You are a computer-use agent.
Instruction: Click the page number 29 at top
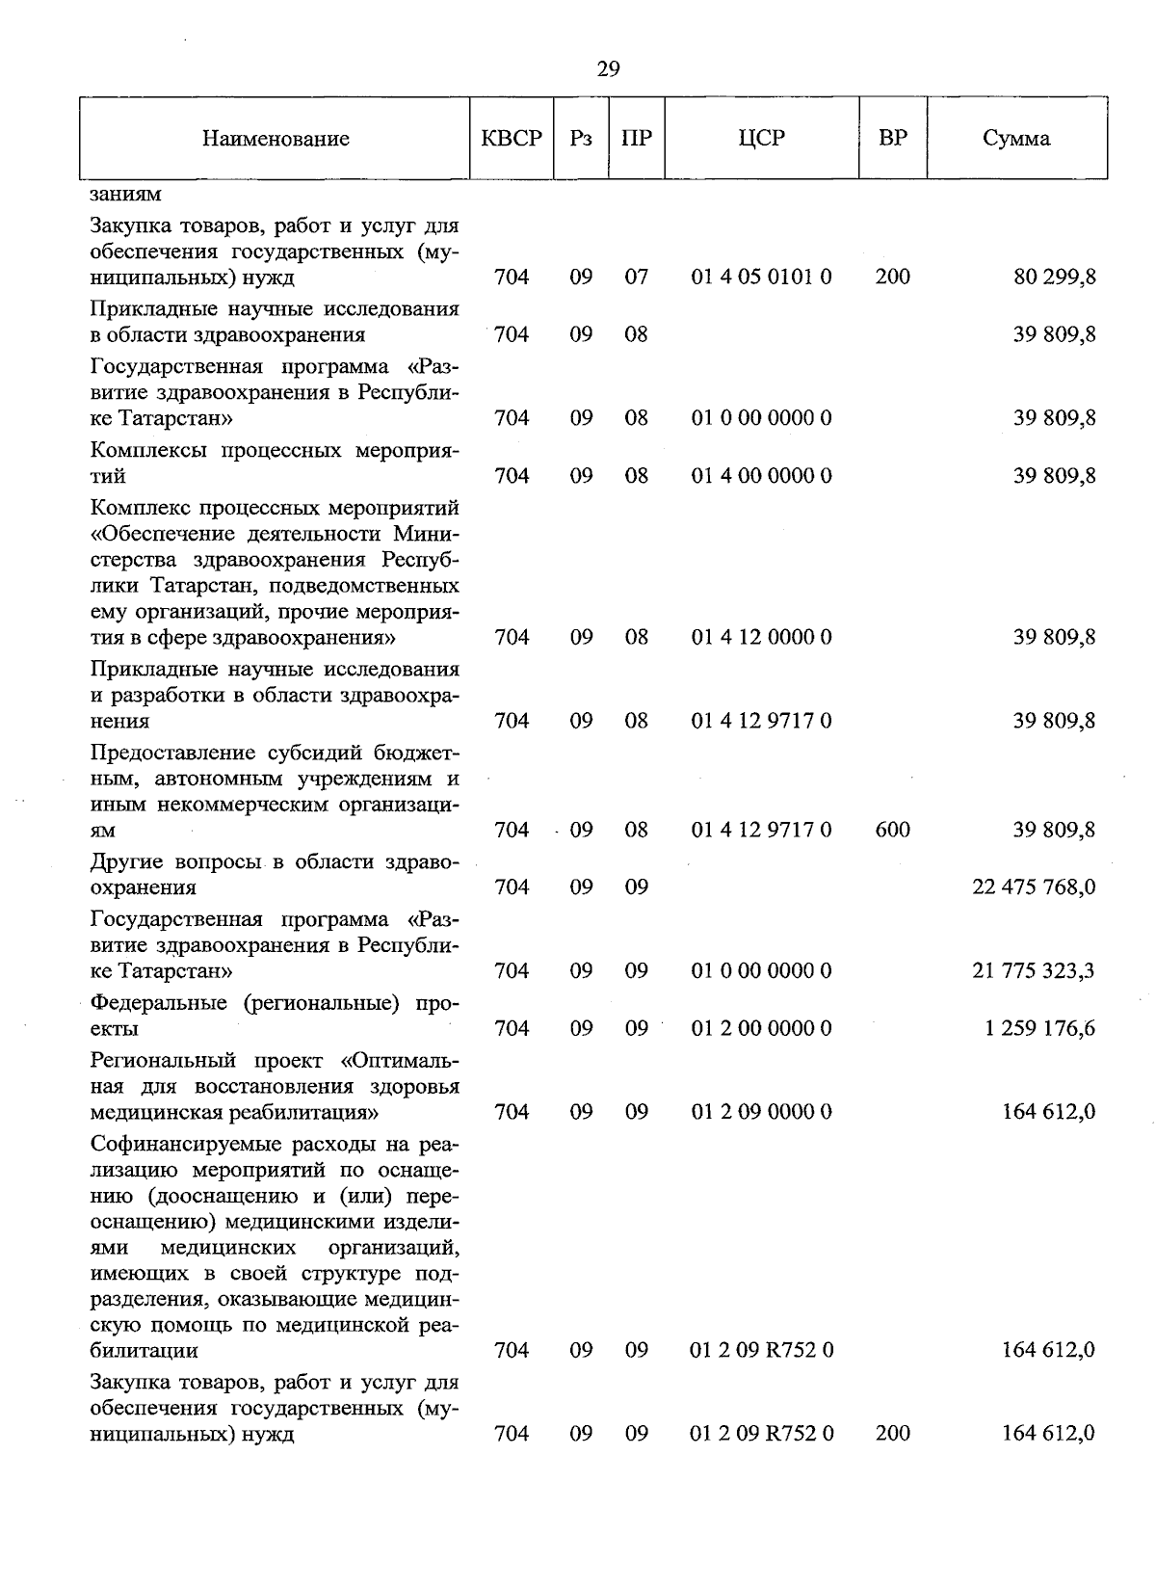pos(608,68)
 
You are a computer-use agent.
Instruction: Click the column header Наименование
pos(276,139)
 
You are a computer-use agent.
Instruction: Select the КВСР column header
pos(512,138)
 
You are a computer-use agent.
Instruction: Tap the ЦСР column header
pos(761,138)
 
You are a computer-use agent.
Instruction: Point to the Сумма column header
pos(1016,138)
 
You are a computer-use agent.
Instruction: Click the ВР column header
pos(893,138)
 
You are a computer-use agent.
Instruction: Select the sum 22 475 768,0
pos(1034,886)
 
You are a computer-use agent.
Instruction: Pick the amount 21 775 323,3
pos(1034,970)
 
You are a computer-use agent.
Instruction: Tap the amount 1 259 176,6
pos(1039,1028)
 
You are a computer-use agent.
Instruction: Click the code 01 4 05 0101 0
pos(762,278)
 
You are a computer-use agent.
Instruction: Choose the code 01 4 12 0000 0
pos(762,637)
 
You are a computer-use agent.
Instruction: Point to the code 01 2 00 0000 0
pos(762,1028)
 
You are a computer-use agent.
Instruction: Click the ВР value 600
pos(893,830)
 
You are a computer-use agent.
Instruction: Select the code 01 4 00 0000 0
pos(762,476)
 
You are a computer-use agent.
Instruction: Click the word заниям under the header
pos(126,194)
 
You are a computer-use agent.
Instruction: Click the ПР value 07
pos(636,278)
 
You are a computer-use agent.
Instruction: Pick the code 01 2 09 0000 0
pos(762,1112)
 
